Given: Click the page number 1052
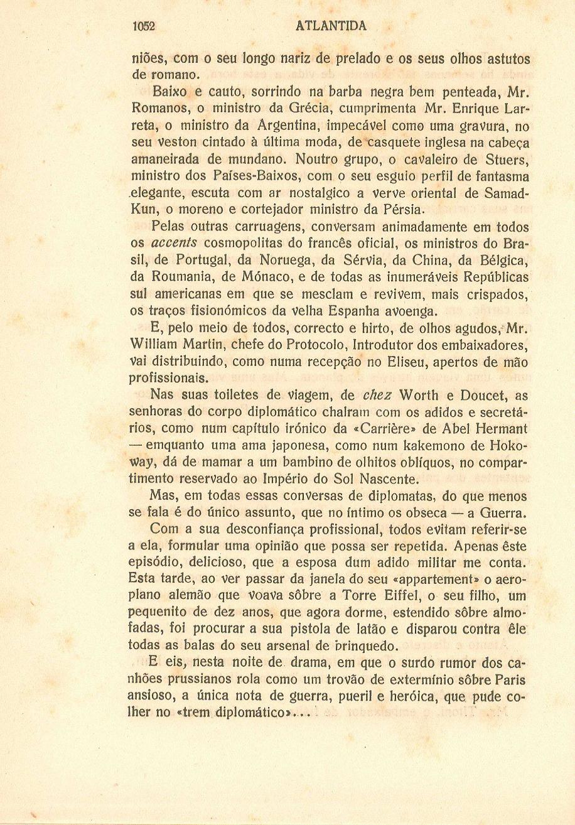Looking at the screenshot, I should [144, 26].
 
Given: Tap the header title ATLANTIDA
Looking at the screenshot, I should [330, 26].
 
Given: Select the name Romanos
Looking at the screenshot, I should [154, 112].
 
